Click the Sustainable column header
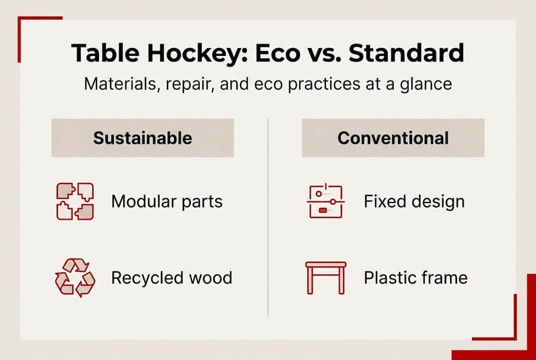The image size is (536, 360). point(142,138)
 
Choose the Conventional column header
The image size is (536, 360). point(393,138)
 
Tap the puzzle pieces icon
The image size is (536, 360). point(74,201)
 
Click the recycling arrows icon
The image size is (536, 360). point(74,277)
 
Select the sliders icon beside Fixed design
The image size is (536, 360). point(325,201)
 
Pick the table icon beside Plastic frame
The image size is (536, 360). point(325,277)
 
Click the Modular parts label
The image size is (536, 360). point(167,201)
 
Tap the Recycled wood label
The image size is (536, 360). point(171,277)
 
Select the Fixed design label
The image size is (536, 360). point(414,201)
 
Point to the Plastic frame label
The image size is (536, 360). point(415,277)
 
